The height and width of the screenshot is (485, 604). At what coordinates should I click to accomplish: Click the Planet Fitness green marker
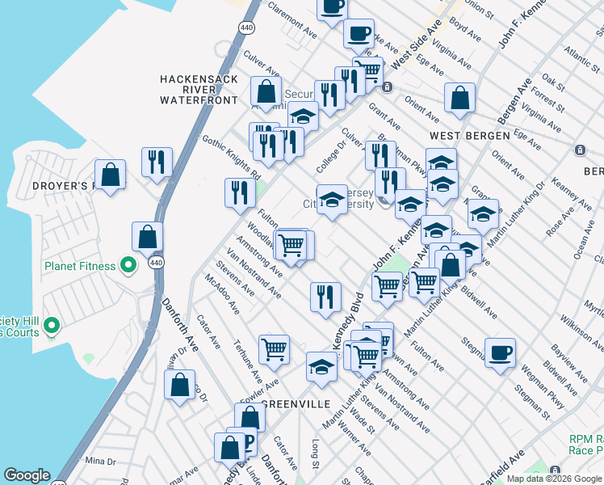(x=128, y=265)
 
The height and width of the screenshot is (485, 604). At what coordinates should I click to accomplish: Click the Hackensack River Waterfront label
(x=199, y=90)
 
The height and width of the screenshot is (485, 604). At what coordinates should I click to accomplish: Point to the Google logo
(x=27, y=475)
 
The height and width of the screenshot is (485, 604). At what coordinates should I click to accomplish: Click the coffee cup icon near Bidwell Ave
(x=501, y=352)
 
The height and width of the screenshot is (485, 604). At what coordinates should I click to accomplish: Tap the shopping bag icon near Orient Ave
(x=459, y=99)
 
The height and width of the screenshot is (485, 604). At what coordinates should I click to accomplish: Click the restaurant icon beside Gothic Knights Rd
(x=240, y=193)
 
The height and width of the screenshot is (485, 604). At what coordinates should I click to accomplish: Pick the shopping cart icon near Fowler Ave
(x=275, y=349)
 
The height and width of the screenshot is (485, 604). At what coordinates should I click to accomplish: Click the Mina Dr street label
(x=100, y=461)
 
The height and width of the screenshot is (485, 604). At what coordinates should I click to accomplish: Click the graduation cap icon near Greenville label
(x=321, y=366)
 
